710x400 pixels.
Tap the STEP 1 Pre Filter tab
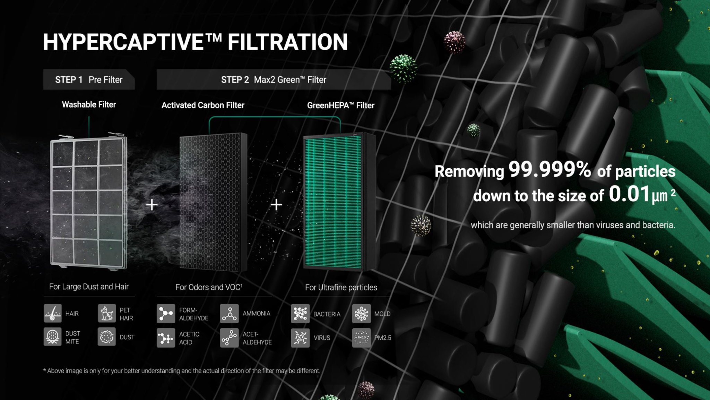click(x=89, y=79)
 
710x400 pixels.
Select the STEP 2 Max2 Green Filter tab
click(x=274, y=79)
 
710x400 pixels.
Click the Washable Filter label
click(x=89, y=104)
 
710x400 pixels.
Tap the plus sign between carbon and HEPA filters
click(x=276, y=205)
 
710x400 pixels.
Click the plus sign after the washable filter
click(x=152, y=205)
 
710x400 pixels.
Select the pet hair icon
click(x=106, y=313)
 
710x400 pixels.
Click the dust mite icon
click(x=52, y=337)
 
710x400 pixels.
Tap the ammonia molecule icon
click(x=230, y=313)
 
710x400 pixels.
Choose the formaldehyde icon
click(x=166, y=313)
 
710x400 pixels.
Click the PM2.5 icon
click(x=361, y=338)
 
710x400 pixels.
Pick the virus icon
click(x=300, y=338)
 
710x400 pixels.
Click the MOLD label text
click(x=382, y=314)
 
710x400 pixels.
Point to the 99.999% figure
click(x=550, y=169)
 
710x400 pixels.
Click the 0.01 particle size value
click(x=629, y=194)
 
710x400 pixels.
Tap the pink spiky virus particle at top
click(x=454, y=42)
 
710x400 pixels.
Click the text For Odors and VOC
click(x=209, y=287)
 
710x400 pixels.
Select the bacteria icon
click(x=300, y=314)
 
